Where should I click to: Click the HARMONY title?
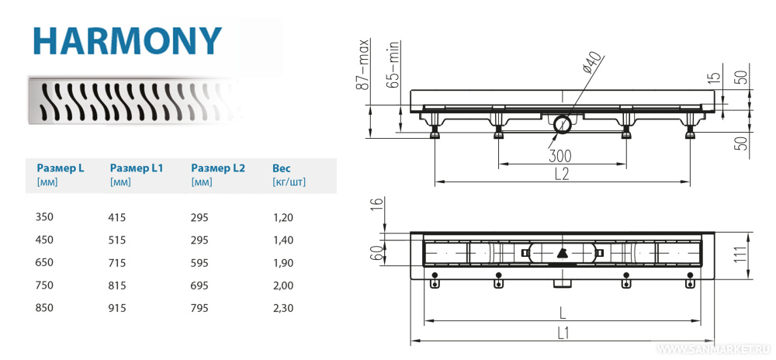click(127, 42)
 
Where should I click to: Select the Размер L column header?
click(61, 168)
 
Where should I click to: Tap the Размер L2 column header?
click(218, 168)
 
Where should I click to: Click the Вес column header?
click(282, 168)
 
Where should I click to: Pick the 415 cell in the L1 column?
click(118, 217)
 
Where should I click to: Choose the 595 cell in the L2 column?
click(199, 262)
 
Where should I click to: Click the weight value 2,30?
click(283, 308)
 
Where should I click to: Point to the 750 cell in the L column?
click(44, 286)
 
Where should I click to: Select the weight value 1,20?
click(283, 217)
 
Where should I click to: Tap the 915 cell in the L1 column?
click(118, 308)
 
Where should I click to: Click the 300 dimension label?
click(560, 156)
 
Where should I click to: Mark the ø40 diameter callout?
click(592, 64)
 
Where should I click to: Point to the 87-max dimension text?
click(365, 64)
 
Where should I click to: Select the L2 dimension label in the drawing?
click(562, 175)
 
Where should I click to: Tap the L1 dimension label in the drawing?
click(563, 333)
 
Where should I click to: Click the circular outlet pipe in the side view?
click(562, 125)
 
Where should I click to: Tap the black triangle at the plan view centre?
click(562, 253)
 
